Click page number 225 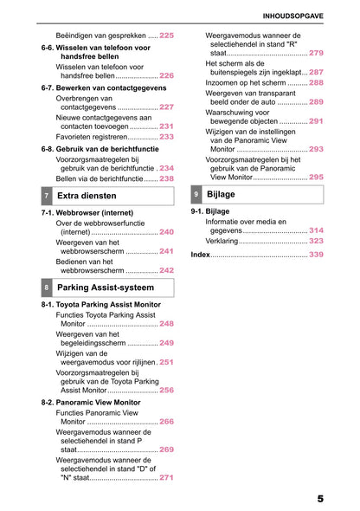(166, 35)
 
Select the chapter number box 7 (46, 197)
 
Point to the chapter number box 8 (46, 287)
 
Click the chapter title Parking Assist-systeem (106, 287)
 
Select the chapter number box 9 (197, 194)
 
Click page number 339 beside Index (316, 255)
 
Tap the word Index (200, 255)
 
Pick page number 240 (166, 232)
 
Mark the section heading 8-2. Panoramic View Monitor (91, 403)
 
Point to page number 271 (166, 477)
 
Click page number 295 (316, 177)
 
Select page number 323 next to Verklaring (316, 241)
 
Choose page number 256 (166, 390)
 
